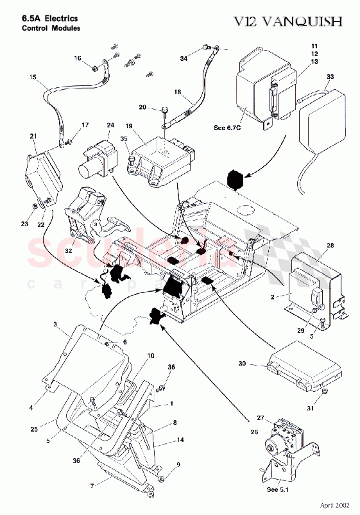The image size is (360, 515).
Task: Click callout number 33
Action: pyautogui.click(x=330, y=77)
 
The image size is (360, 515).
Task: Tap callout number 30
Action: pyautogui.click(x=261, y=364)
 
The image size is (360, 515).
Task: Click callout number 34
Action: pyautogui.click(x=184, y=58)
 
